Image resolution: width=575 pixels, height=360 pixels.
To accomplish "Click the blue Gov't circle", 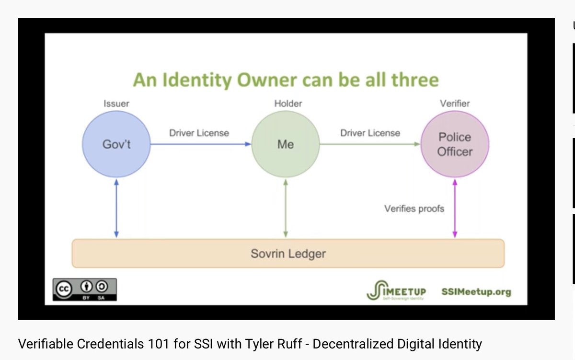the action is click(x=116, y=144).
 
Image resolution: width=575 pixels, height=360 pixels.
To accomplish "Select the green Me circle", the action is click(x=285, y=144).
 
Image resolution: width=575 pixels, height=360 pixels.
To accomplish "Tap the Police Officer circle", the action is click(x=455, y=144).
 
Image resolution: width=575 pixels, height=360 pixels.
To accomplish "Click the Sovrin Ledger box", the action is click(x=288, y=253).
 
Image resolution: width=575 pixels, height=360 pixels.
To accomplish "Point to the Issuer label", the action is click(x=116, y=103).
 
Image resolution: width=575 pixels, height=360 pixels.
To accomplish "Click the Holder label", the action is click(x=288, y=103).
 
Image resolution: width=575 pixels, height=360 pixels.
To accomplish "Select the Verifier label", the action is click(x=455, y=103).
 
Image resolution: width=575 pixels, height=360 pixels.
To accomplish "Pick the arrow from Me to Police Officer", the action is click(x=370, y=144).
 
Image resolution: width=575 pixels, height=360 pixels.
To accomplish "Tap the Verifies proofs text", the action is click(x=414, y=209).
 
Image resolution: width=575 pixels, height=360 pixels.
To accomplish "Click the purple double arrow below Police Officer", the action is click(x=455, y=209).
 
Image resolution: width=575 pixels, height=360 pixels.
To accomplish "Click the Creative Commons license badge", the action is click(x=84, y=290).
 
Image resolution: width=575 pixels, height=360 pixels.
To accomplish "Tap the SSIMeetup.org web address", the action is click(x=476, y=291).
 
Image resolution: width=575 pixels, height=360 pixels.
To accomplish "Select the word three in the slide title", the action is click(x=414, y=80).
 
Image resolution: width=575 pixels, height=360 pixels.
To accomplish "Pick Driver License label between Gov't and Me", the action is click(x=199, y=133).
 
